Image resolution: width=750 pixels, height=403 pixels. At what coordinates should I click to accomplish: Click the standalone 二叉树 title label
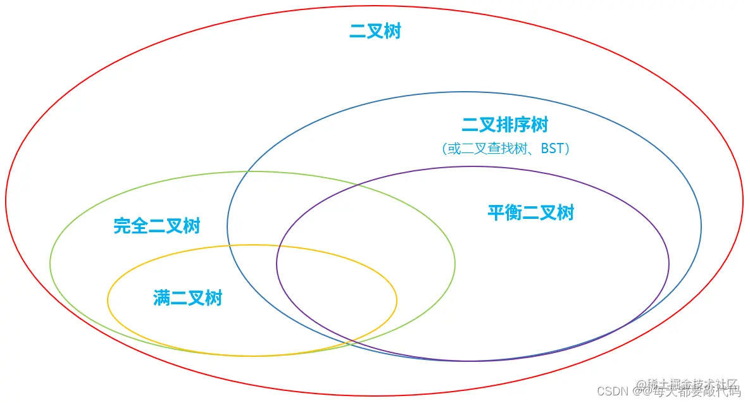(x=375, y=32)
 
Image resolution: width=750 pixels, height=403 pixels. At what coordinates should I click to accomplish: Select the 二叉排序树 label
(x=504, y=125)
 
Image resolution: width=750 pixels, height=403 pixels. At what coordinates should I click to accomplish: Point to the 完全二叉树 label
(x=157, y=226)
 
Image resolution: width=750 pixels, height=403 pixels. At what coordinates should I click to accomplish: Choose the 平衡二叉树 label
(x=530, y=213)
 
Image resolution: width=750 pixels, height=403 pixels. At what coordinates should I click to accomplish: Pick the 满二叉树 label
(x=187, y=297)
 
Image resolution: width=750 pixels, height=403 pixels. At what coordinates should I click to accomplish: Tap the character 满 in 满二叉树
(x=161, y=297)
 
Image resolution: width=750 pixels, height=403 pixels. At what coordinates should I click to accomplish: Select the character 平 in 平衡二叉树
(x=496, y=213)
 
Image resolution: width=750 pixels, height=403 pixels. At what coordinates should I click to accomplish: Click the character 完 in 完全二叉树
(x=123, y=226)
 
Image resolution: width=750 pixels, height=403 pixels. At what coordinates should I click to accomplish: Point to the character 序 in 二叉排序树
(x=522, y=125)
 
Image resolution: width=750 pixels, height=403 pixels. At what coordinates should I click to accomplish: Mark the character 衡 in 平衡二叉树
(x=513, y=213)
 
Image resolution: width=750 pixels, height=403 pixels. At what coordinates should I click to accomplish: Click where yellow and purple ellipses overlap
(x=335, y=297)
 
